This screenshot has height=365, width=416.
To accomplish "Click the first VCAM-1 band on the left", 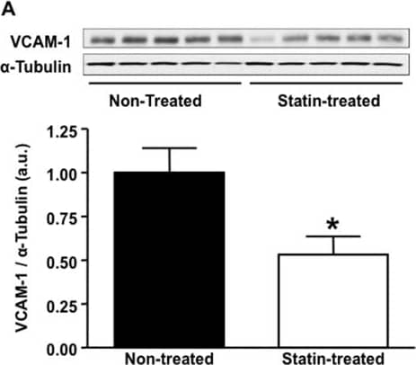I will point(103,40).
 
